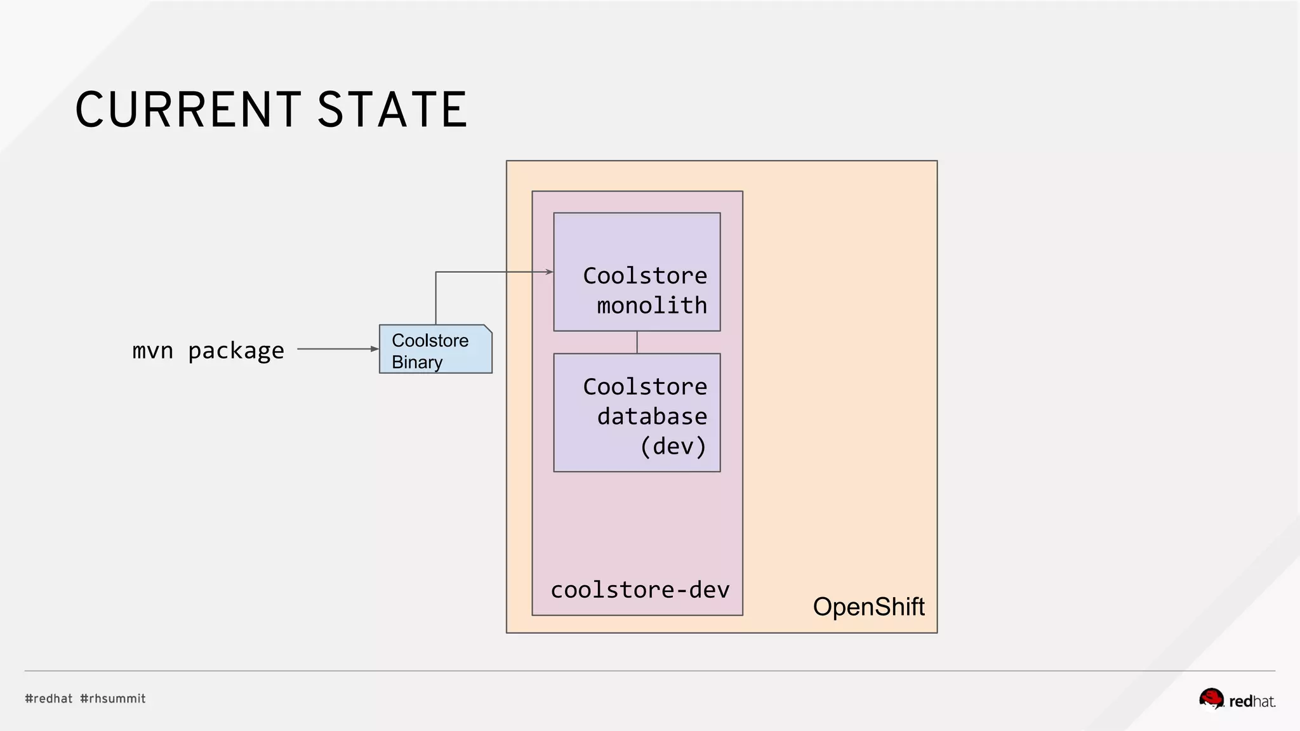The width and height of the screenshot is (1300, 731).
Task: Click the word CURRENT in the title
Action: pyautogui.click(x=188, y=110)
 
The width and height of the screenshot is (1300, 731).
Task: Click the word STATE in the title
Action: pyautogui.click(x=392, y=110)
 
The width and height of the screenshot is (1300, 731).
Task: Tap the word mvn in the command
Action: pyautogui.click(x=152, y=350)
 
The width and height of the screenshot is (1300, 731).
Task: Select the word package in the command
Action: pyautogui.click(x=236, y=351)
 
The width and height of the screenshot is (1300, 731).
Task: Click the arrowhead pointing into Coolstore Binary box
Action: pyautogui.click(x=375, y=349)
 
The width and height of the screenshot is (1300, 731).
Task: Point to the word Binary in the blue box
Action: pyautogui.click(x=417, y=362)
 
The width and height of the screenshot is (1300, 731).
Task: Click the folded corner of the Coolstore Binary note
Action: pyautogui.click(x=487, y=329)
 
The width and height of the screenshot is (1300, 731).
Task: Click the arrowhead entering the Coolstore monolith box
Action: pyautogui.click(x=549, y=272)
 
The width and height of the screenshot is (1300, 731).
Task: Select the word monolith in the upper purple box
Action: pyautogui.click(x=652, y=305)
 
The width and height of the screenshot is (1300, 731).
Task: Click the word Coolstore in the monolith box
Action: pyautogui.click(x=645, y=275)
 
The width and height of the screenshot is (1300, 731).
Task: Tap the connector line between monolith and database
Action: pyautogui.click(x=637, y=342)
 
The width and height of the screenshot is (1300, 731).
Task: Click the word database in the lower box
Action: pyautogui.click(x=652, y=416)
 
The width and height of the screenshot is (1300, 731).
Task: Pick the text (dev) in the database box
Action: pyautogui.click(x=673, y=446)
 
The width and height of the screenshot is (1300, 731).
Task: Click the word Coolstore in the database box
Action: pyautogui.click(x=645, y=386)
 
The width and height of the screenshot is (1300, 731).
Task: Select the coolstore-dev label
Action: pyautogui.click(x=640, y=589)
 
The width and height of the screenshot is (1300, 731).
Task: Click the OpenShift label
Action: pyautogui.click(x=868, y=607)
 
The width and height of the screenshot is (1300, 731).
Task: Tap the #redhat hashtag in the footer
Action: pyautogui.click(x=49, y=699)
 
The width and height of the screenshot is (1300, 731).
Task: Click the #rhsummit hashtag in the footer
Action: pyautogui.click(x=113, y=699)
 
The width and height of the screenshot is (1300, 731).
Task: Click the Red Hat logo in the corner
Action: pyautogui.click(x=1237, y=699)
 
